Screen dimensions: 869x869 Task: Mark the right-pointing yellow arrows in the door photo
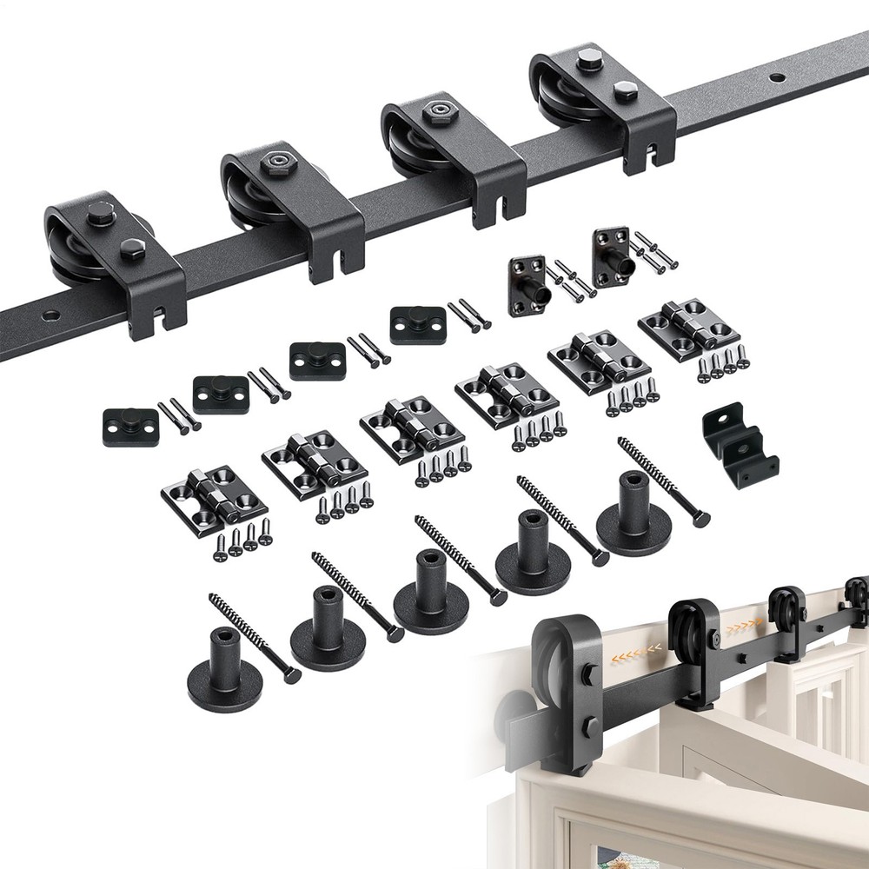pyautogui.click(x=748, y=626)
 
